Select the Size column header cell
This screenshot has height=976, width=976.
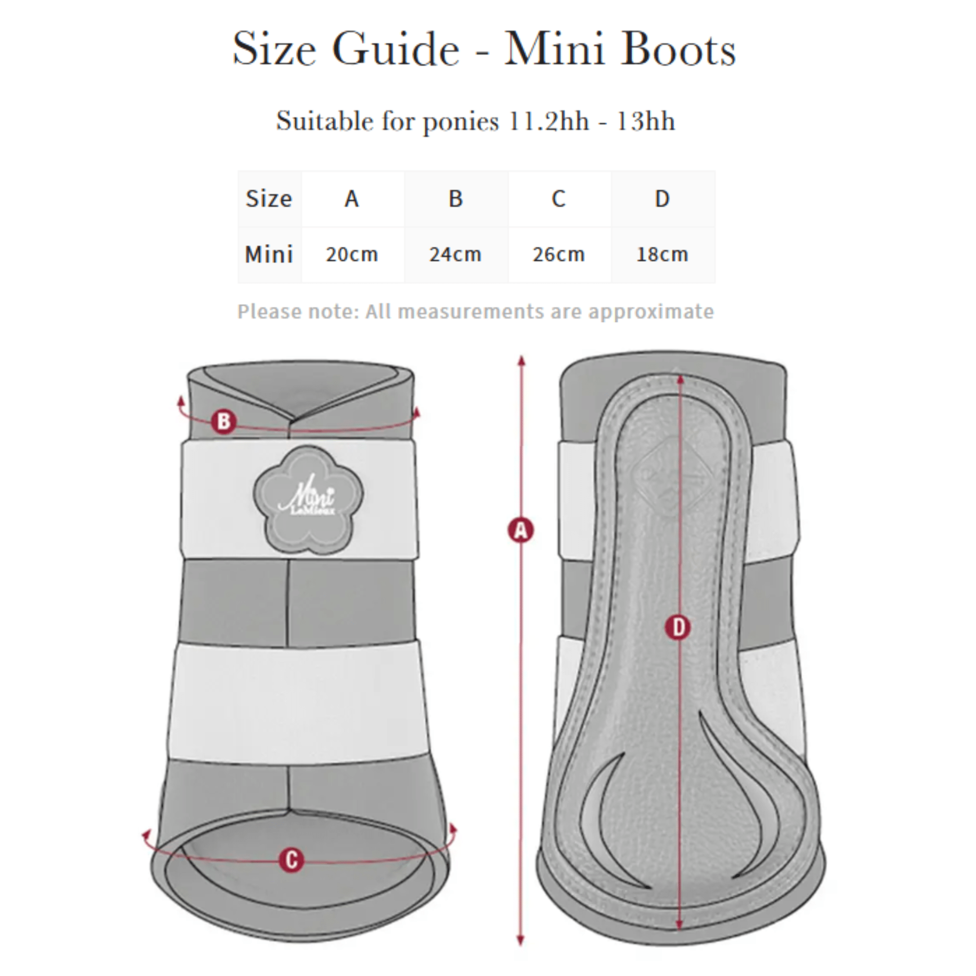point(269,199)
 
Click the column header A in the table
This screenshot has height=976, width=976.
point(352,199)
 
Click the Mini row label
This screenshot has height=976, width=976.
point(269,254)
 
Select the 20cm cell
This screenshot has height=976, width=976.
point(352,254)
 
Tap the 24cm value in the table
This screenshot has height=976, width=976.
point(455,254)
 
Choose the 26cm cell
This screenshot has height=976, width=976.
point(559,254)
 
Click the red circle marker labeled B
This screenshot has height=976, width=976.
point(224,421)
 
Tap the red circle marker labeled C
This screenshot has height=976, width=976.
point(292,859)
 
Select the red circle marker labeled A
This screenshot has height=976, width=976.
point(520,530)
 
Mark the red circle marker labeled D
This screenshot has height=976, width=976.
point(678,628)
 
